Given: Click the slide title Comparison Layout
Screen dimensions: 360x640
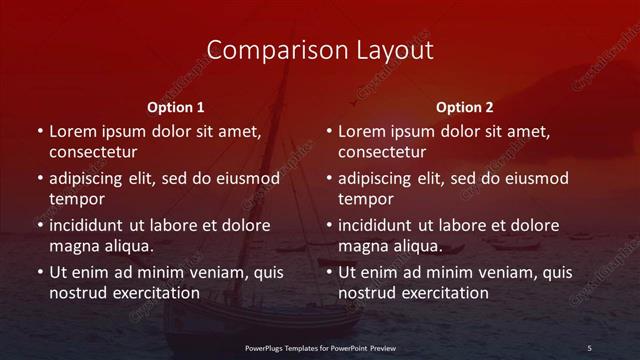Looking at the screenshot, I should tap(319, 50).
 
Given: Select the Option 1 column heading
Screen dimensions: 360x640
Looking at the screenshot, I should tap(176, 107).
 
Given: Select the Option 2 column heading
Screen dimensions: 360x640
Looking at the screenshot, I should tap(465, 107).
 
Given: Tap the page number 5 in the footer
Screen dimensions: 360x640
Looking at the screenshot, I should tap(589, 347).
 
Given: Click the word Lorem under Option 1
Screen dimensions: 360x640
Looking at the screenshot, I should tap(74, 131).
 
